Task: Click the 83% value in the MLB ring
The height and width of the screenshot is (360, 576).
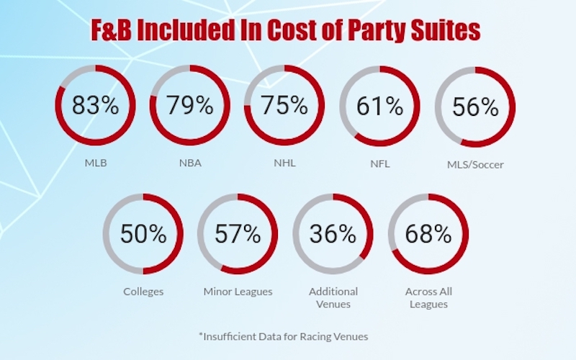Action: (x=96, y=105)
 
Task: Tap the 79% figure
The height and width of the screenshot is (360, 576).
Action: (x=190, y=105)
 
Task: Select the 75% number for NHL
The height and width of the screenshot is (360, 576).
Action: (x=284, y=105)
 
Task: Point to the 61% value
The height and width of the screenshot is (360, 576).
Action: (x=380, y=106)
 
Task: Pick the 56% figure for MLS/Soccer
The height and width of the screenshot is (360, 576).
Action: (x=475, y=107)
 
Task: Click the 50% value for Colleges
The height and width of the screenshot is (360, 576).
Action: (x=143, y=233)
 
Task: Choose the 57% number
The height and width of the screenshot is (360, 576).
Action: (x=238, y=233)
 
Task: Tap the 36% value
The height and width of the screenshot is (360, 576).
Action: (x=333, y=233)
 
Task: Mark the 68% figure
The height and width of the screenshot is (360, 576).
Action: (x=428, y=233)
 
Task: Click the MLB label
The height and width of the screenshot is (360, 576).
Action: (x=96, y=163)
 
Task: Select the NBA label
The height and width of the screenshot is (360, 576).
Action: (x=190, y=163)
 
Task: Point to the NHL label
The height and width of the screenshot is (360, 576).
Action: (x=284, y=163)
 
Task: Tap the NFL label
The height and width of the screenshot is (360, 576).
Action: (x=380, y=163)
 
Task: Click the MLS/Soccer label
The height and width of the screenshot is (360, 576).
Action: (x=475, y=165)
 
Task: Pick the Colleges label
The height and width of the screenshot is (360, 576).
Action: (x=143, y=292)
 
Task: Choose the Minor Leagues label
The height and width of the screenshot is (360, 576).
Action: (x=238, y=292)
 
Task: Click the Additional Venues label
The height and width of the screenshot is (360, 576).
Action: (x=333, y=298)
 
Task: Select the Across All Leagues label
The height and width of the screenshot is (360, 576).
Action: (x=428, y=298)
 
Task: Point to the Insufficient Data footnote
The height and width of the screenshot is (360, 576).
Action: (x=283, y=336)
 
